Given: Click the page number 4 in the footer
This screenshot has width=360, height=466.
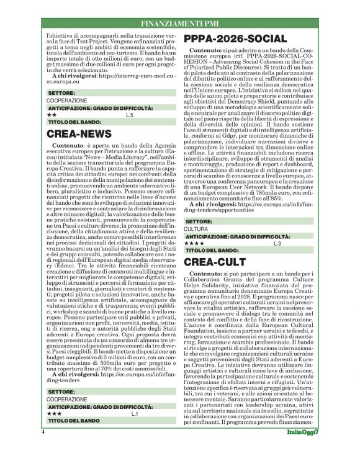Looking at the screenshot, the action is click(43, 449).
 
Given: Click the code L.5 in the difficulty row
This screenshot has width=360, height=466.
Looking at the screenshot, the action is click(129, 116).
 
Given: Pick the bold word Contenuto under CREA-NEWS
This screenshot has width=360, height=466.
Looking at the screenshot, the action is click(69, 144).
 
